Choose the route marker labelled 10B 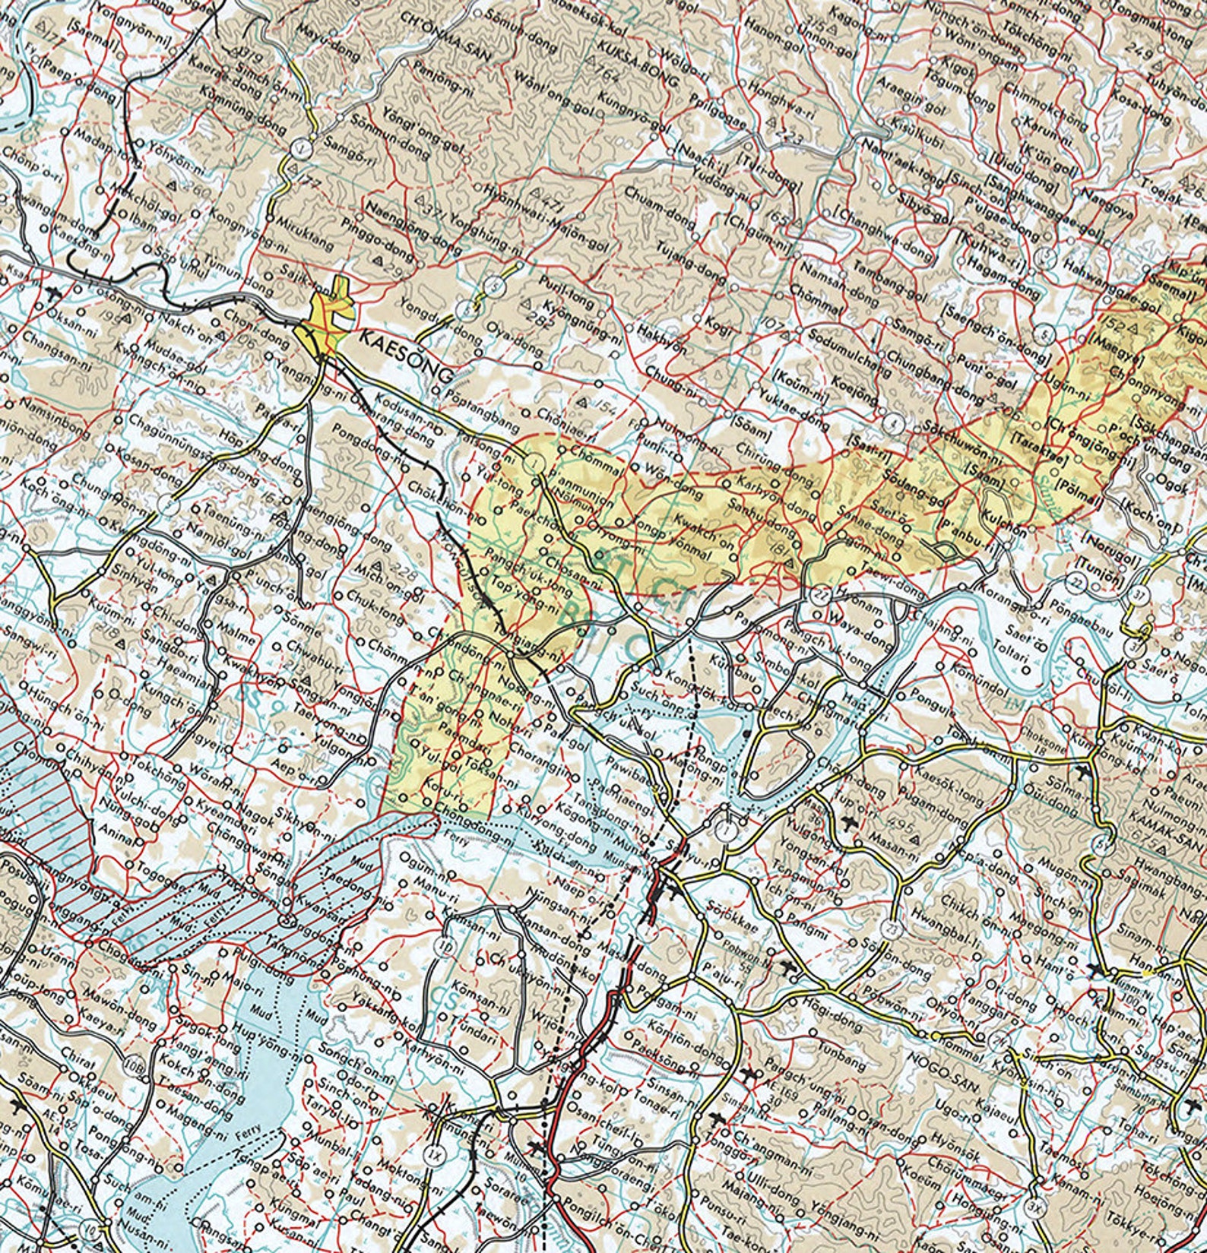(137, 1063)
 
